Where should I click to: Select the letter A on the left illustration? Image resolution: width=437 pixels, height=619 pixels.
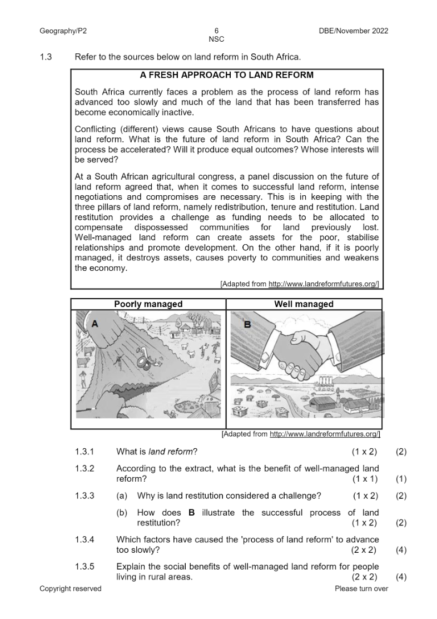point(95,324)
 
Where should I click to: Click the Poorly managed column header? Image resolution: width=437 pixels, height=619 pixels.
point(148,304)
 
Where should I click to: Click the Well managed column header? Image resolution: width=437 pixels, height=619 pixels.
point(304,304)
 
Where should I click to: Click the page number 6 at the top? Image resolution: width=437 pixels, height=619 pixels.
point(216,31)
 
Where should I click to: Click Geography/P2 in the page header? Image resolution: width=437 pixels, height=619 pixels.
point(63,31)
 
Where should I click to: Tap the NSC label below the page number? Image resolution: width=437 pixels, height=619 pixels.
point(216,39)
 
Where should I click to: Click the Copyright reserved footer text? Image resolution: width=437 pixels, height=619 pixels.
point(71,589)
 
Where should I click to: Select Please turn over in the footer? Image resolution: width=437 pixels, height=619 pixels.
point(361,589)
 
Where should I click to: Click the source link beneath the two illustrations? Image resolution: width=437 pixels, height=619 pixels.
point(325,434)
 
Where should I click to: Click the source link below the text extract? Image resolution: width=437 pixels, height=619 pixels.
point(324,284)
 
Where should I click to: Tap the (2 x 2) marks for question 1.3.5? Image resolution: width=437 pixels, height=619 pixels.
point(364,577)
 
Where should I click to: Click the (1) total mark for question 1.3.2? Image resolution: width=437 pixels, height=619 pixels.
point(401,479)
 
